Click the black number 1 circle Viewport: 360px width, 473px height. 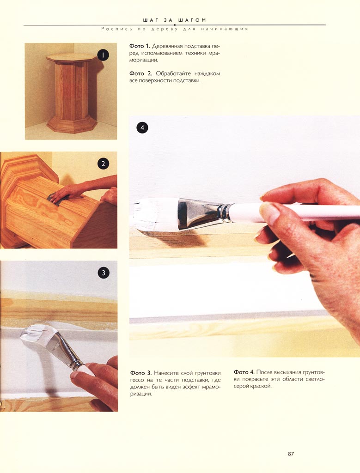[x=103, y=55]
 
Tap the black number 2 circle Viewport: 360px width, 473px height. [x=103, y=164]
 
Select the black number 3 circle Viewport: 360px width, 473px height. [x=104, y=273]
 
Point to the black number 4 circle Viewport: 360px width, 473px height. [x=142, y=127]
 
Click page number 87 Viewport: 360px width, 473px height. [x=291, y=454]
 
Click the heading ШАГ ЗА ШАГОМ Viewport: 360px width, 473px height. [x=174, y=20]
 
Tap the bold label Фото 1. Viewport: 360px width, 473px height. [x=140, y=46]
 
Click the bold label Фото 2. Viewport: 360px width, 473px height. [x=140, y=73]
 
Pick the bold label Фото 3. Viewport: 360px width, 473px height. [x=141, y=373]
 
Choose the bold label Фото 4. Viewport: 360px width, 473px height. [x=244, y=372]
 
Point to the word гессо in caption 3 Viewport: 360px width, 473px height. [x=137, y=381]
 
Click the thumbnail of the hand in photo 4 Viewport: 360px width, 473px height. [x=269, y=212]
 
